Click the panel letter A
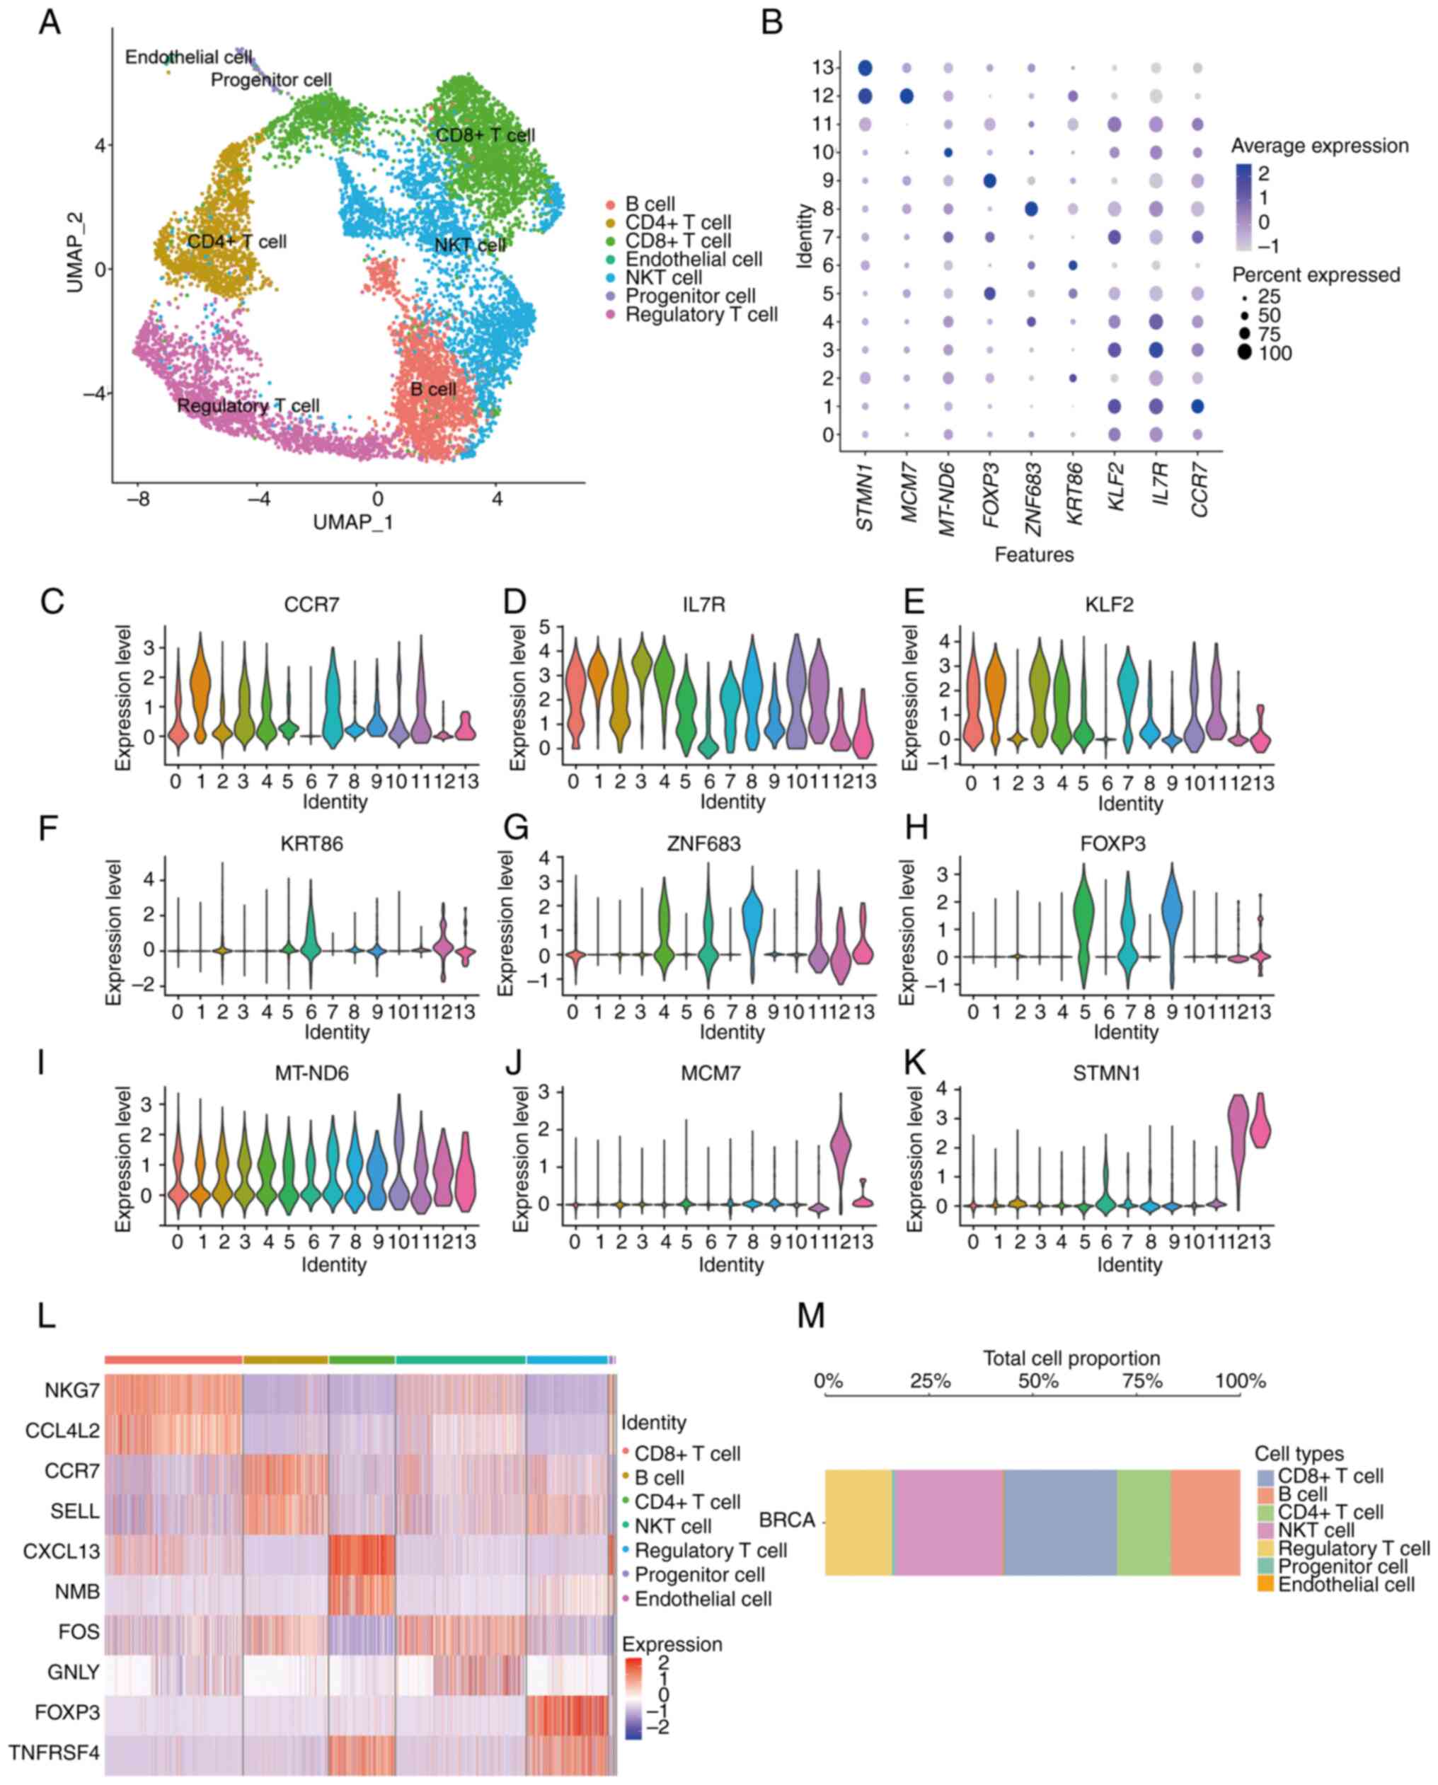(50, 23)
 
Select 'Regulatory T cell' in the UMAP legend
(701, 315)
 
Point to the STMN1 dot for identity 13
(865, 68)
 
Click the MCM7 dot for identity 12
(907, 96)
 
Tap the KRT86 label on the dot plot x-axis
(1075, 492)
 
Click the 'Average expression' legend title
(1318, 146)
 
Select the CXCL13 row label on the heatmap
(62, 1551)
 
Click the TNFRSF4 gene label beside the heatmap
(54, 1752)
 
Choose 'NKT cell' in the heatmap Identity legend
(672, 1525)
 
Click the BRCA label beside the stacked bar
(787, 1521)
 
